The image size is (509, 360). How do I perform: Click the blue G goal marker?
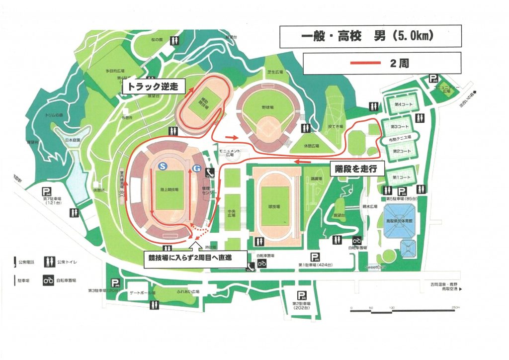coord(197,169)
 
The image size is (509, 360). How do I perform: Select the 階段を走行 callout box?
coord(356,169)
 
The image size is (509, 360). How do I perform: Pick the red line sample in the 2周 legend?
coord(367,64)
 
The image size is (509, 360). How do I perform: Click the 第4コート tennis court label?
coord(401,105)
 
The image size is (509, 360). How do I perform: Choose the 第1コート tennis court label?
coord(401,178)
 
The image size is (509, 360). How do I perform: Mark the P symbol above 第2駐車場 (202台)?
coord(300,295)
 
